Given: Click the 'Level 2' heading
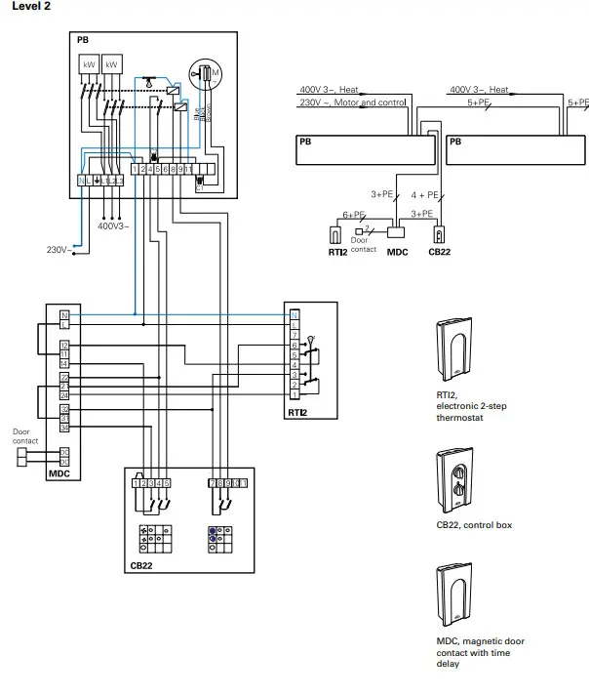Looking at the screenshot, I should [30, 7].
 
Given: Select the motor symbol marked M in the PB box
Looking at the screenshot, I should [212, 72].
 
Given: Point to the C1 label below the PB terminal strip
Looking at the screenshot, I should [199, 189].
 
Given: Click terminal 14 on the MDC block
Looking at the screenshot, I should [64, 363].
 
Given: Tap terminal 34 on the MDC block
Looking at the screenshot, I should [64, 427].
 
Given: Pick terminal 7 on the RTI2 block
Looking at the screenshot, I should [294, 335].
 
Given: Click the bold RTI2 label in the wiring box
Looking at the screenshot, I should [298, 412].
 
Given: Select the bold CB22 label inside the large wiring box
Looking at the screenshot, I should [142, 564].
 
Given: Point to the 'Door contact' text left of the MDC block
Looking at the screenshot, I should [25, 436].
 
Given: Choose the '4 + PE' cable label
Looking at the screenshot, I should [425, 194].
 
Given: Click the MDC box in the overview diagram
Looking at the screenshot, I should [396, 233].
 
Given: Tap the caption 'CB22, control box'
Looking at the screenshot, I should [472, 525].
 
